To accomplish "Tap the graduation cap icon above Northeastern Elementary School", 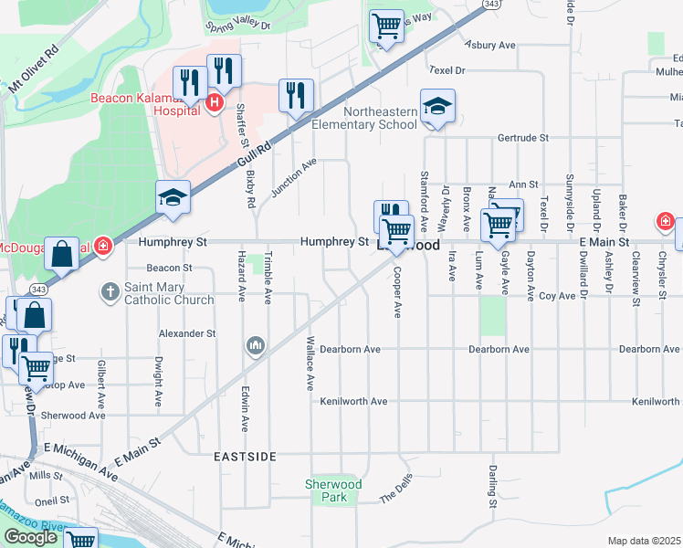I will coord(437,107).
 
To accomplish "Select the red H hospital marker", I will coord(214,102).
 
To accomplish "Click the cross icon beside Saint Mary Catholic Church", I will coord(110,292).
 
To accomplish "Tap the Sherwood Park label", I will coord(333,490).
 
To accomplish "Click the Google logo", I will coord(30,537).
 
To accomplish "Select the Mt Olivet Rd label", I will coord(34,63).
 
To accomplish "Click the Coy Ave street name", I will coord(557,295).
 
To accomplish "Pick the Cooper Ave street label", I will coord(397,292).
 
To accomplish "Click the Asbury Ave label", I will coord(490,44).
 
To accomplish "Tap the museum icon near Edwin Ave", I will coord(255,346).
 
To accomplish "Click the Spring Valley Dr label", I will coord(241,26).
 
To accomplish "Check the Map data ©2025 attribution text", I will coord(643,541).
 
